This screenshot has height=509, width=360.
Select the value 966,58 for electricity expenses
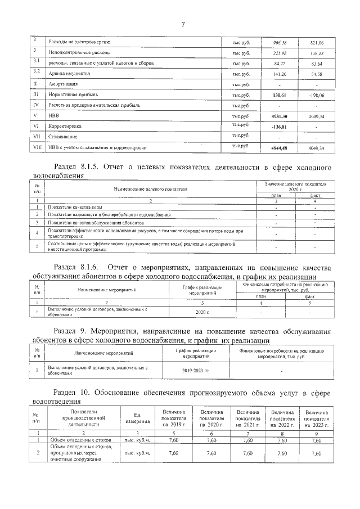click(x=280, y=42)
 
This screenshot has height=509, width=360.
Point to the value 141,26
click(x=280, y=74)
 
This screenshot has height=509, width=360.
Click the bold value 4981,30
click(x=280, y=115)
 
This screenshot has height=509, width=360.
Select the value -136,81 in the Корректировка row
click(x=280, y=126)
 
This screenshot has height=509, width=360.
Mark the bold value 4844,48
click(x=280, y=148)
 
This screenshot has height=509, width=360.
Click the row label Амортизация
click(x=64, y=84)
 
